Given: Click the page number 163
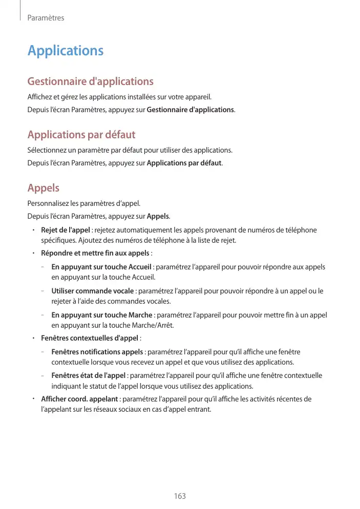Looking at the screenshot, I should (x=180, y=496).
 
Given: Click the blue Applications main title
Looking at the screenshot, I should (x=66, y=51).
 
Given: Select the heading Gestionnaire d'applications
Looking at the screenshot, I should (x=90, y=81).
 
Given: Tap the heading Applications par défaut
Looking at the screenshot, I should (x=81, y=135).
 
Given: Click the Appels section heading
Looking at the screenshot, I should (x=44, y=188).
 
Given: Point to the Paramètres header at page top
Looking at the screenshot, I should (x=46, y=18).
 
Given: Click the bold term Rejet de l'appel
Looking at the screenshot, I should (x=66, y=230).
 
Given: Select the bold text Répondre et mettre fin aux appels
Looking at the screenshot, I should (x=95, y=253).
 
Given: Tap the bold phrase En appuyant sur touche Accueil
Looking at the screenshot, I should (x=101, y=267).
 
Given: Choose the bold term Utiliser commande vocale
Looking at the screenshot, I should (x=93, y=291).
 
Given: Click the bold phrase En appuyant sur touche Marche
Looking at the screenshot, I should (x=102, y=315).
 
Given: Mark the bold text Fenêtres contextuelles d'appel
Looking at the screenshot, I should (x=90, y=338).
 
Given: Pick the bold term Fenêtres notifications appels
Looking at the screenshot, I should (x=97, y=352).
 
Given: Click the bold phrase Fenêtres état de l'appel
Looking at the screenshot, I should (x=89, y=375).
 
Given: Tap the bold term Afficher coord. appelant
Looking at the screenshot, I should (x=80, y=399).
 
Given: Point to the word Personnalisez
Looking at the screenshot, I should (x=48, y=203).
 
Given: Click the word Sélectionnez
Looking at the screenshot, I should (x=46, y=150).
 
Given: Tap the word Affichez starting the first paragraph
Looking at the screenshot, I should (x=40, y=97).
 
